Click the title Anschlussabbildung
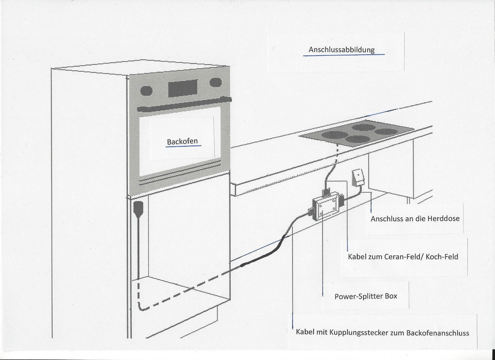(342, 50)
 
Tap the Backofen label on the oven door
(182, 142)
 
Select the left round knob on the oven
(146, 91)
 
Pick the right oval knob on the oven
(216, 83)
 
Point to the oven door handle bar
(184, 104)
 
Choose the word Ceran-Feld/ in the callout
(404, 256)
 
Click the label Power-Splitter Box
(366, 296)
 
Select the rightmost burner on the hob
(387, 132)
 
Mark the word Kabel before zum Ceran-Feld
(358, 256)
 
